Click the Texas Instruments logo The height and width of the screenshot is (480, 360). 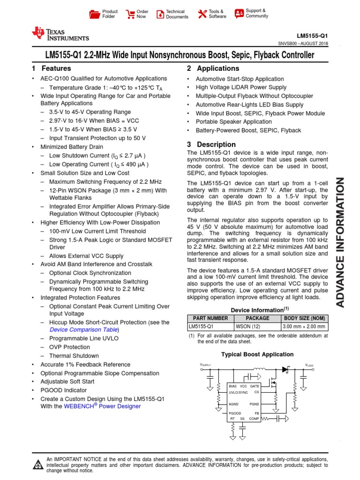click(60, 34)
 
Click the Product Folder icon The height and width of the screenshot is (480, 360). click(95, 14)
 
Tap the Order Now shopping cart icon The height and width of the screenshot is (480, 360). click(130, 14)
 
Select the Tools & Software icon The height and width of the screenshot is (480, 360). click(202, 14)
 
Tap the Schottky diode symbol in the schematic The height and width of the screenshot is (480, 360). click(285, 369)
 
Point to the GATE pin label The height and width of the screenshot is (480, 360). click(255, 386)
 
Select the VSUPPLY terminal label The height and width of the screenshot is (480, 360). click(206, 365)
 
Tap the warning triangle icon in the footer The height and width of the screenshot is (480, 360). click(37, 464)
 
